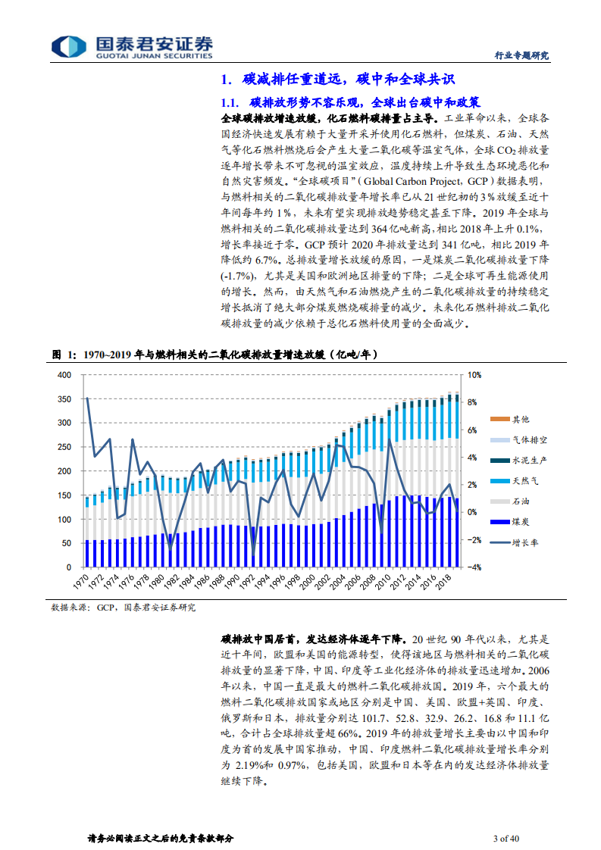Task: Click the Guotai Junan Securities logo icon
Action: (x=63, y=46)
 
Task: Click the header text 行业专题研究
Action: (x=521, y=55)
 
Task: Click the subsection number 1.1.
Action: (x=230, y=102)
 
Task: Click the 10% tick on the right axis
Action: (x=473, y=375)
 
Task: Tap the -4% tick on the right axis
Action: (x=473, y=567)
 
